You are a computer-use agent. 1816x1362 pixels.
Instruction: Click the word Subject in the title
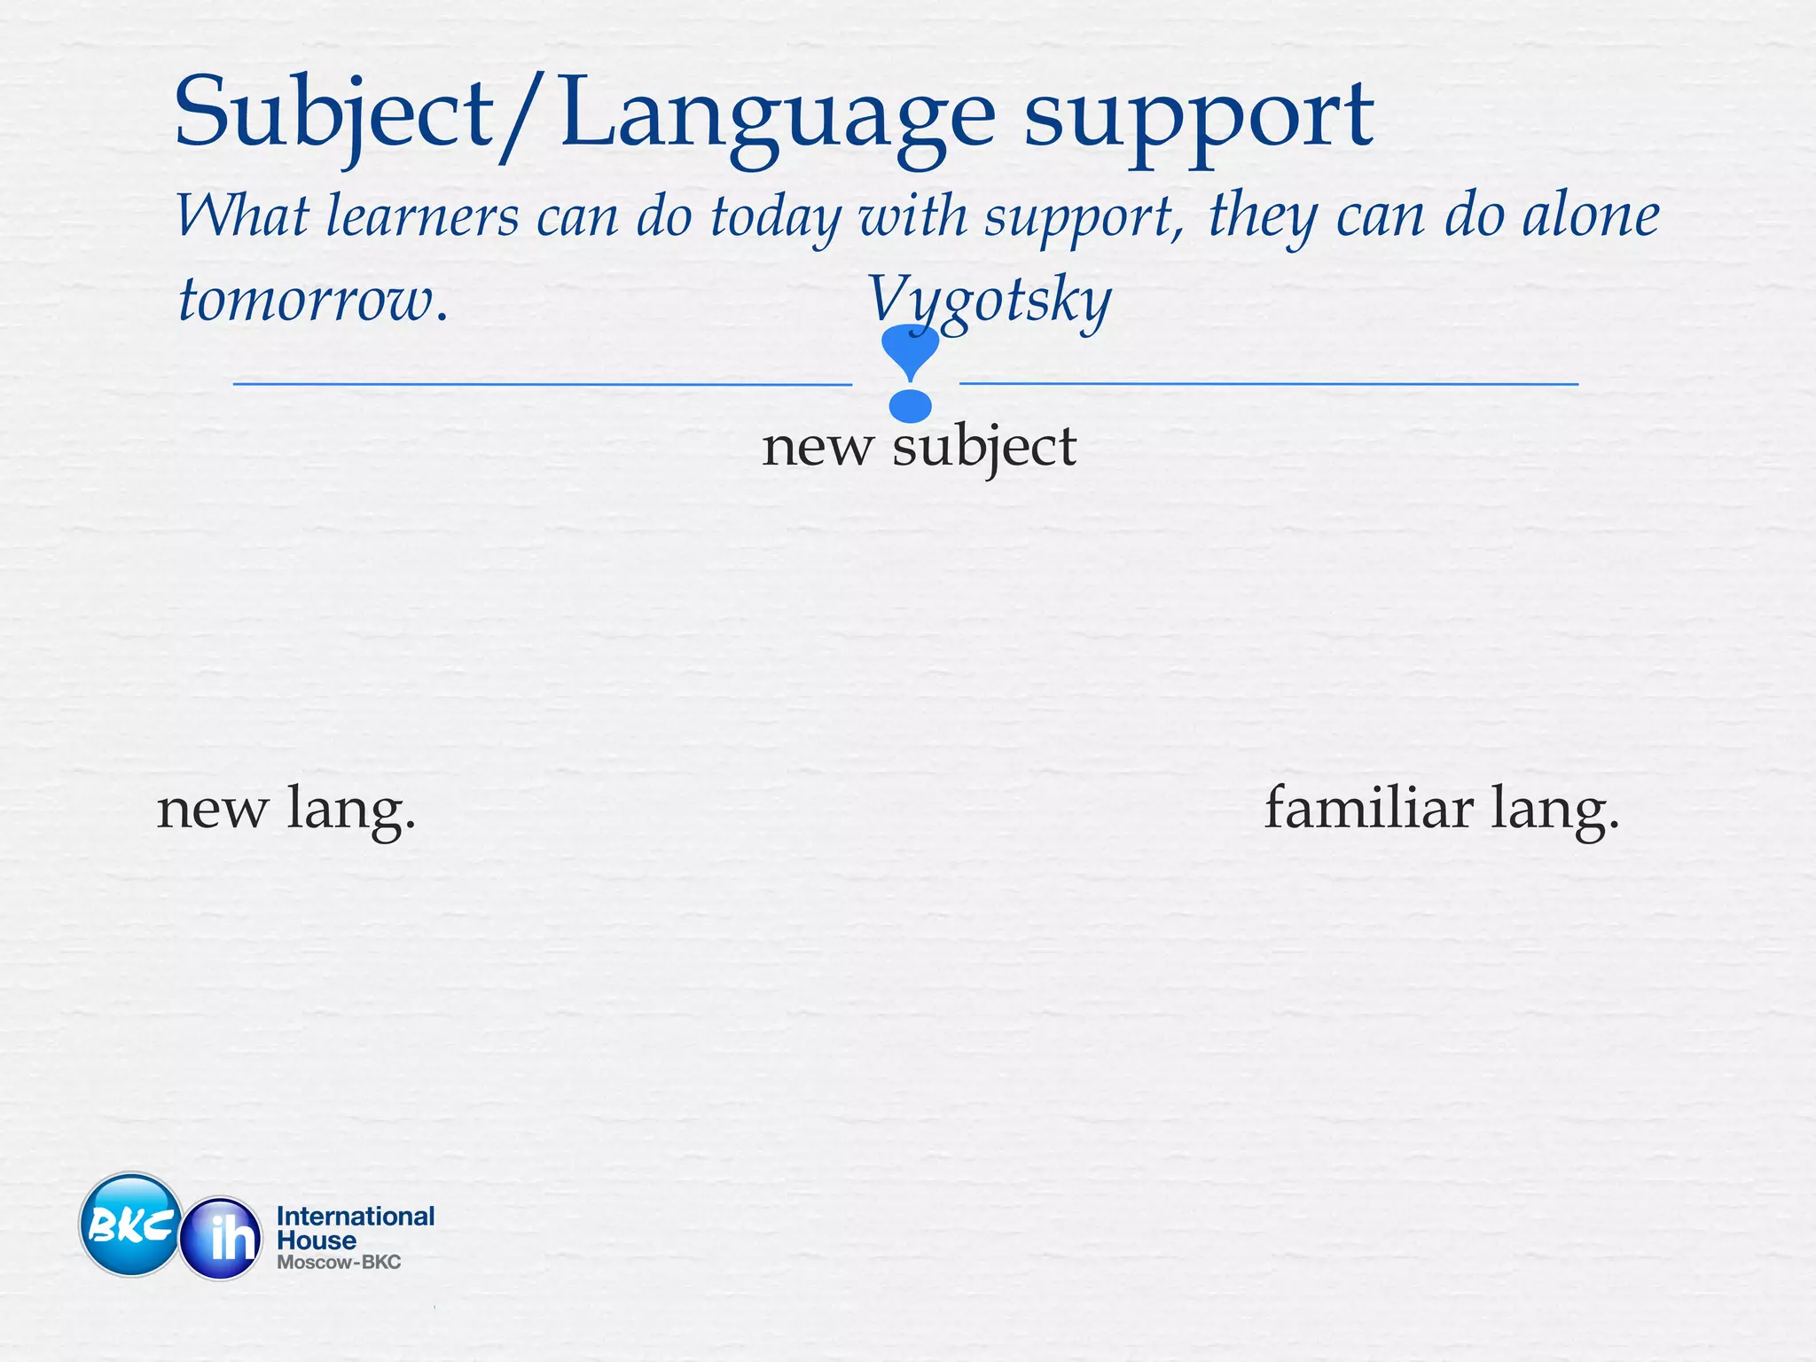click(x=333, y=115)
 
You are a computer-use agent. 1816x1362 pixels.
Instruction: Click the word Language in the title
click(x=778, y=115)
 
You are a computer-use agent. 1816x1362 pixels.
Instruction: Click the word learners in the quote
click(x=422, y=216)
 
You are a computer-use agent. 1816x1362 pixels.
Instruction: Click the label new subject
click(x=919, y=446)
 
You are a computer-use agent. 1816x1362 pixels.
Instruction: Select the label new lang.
click(x=286, y=809)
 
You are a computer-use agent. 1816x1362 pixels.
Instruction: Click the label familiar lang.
click(x=1441, y=809)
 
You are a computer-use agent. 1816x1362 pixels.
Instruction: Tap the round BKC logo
click(x=130, y=1225)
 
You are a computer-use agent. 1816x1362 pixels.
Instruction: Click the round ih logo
click(x=222, y=1238)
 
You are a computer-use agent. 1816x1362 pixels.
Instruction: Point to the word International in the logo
click(x=356, y=1216)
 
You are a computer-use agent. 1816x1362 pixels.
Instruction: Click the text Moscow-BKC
click(x=339, y=1262)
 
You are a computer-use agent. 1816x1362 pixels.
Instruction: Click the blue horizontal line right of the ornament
click(x=1268, y=384)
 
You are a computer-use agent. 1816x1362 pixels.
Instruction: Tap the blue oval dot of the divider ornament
click(x=910, y=406)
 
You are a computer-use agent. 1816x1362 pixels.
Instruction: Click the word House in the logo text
click(x=317, y=1241)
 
